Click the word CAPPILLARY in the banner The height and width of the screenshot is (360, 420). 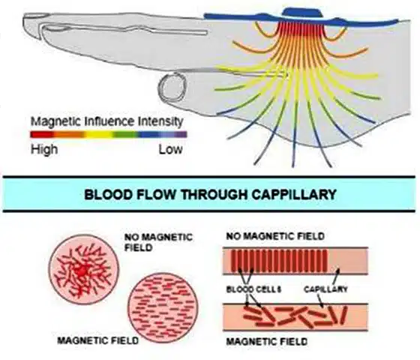[x=294, y=194]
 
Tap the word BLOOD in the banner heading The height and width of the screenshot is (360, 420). [x=109, y=194]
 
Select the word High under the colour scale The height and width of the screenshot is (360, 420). [x=44, y=149]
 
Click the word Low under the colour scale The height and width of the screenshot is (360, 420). [x=171, y=149]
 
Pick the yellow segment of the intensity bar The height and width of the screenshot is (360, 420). [x=99, y=134]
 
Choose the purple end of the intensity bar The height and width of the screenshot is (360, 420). [x=179, y=134]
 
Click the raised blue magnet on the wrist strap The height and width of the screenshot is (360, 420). [x=301, y=12]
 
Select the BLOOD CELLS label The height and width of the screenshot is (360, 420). [x=253, y=289]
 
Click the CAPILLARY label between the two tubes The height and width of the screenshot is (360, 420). [x=325, y=289]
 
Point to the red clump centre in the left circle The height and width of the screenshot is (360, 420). [x=82, y=271]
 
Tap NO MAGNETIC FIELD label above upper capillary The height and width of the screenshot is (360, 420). [x=275, y=236]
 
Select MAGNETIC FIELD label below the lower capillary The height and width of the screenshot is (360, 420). [x=267, y=341]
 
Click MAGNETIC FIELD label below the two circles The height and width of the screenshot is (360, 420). [x=98, y=340]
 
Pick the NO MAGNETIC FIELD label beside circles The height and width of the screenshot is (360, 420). [x=158, y=242]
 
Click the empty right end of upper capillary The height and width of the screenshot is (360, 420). [x=347, y=260]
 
